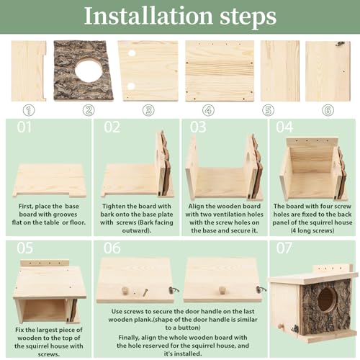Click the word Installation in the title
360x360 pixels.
(148, 16)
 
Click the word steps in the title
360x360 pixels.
(248, 17)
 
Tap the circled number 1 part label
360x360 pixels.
(29, 110)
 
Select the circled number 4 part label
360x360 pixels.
(208, 110)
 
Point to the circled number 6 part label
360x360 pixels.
(328, 110)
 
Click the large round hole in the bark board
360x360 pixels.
(88, 71)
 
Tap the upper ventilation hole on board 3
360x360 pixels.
(132, 53)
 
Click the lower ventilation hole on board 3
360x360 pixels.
(131, 86)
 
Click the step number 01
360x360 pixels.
(24, 127)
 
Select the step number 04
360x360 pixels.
(284, 127)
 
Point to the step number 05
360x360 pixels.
(25, 248)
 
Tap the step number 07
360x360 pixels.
(284, 248)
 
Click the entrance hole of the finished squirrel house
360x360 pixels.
(327, 300)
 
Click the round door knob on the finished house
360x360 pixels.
(280, 327)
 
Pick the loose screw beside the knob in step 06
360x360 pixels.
(145, 292)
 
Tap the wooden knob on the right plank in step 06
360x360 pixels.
(222, 290)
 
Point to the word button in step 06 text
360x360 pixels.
(189, 328)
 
